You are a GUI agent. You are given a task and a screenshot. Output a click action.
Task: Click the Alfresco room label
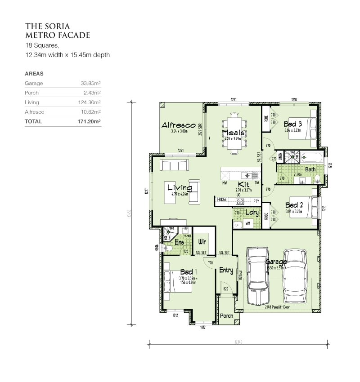[x=178, y=125]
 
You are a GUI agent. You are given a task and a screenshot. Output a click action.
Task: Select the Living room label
[x=180, y=187]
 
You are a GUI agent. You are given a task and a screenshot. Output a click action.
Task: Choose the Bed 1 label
[x=188, y=272]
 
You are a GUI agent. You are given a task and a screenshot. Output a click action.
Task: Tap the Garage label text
[x=276, y=262]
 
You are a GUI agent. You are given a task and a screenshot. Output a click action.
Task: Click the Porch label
[x=226, y=315]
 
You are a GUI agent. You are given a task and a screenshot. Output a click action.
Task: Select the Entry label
[x=226, y=270]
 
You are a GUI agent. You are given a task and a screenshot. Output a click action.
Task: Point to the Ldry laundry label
[x=252, y=213]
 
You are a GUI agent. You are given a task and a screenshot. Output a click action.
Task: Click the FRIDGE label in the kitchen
[x=221, y=200]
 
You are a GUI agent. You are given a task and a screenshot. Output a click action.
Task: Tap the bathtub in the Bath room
[x=312, y=158]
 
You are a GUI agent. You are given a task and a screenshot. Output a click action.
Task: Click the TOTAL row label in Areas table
[x=34, y=121]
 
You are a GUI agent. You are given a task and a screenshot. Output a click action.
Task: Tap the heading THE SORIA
[x=47, y=26]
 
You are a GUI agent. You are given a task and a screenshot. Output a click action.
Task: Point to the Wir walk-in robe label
[x=202, y=241]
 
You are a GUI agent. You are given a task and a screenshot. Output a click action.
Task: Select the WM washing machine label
[x=248, y=224]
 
